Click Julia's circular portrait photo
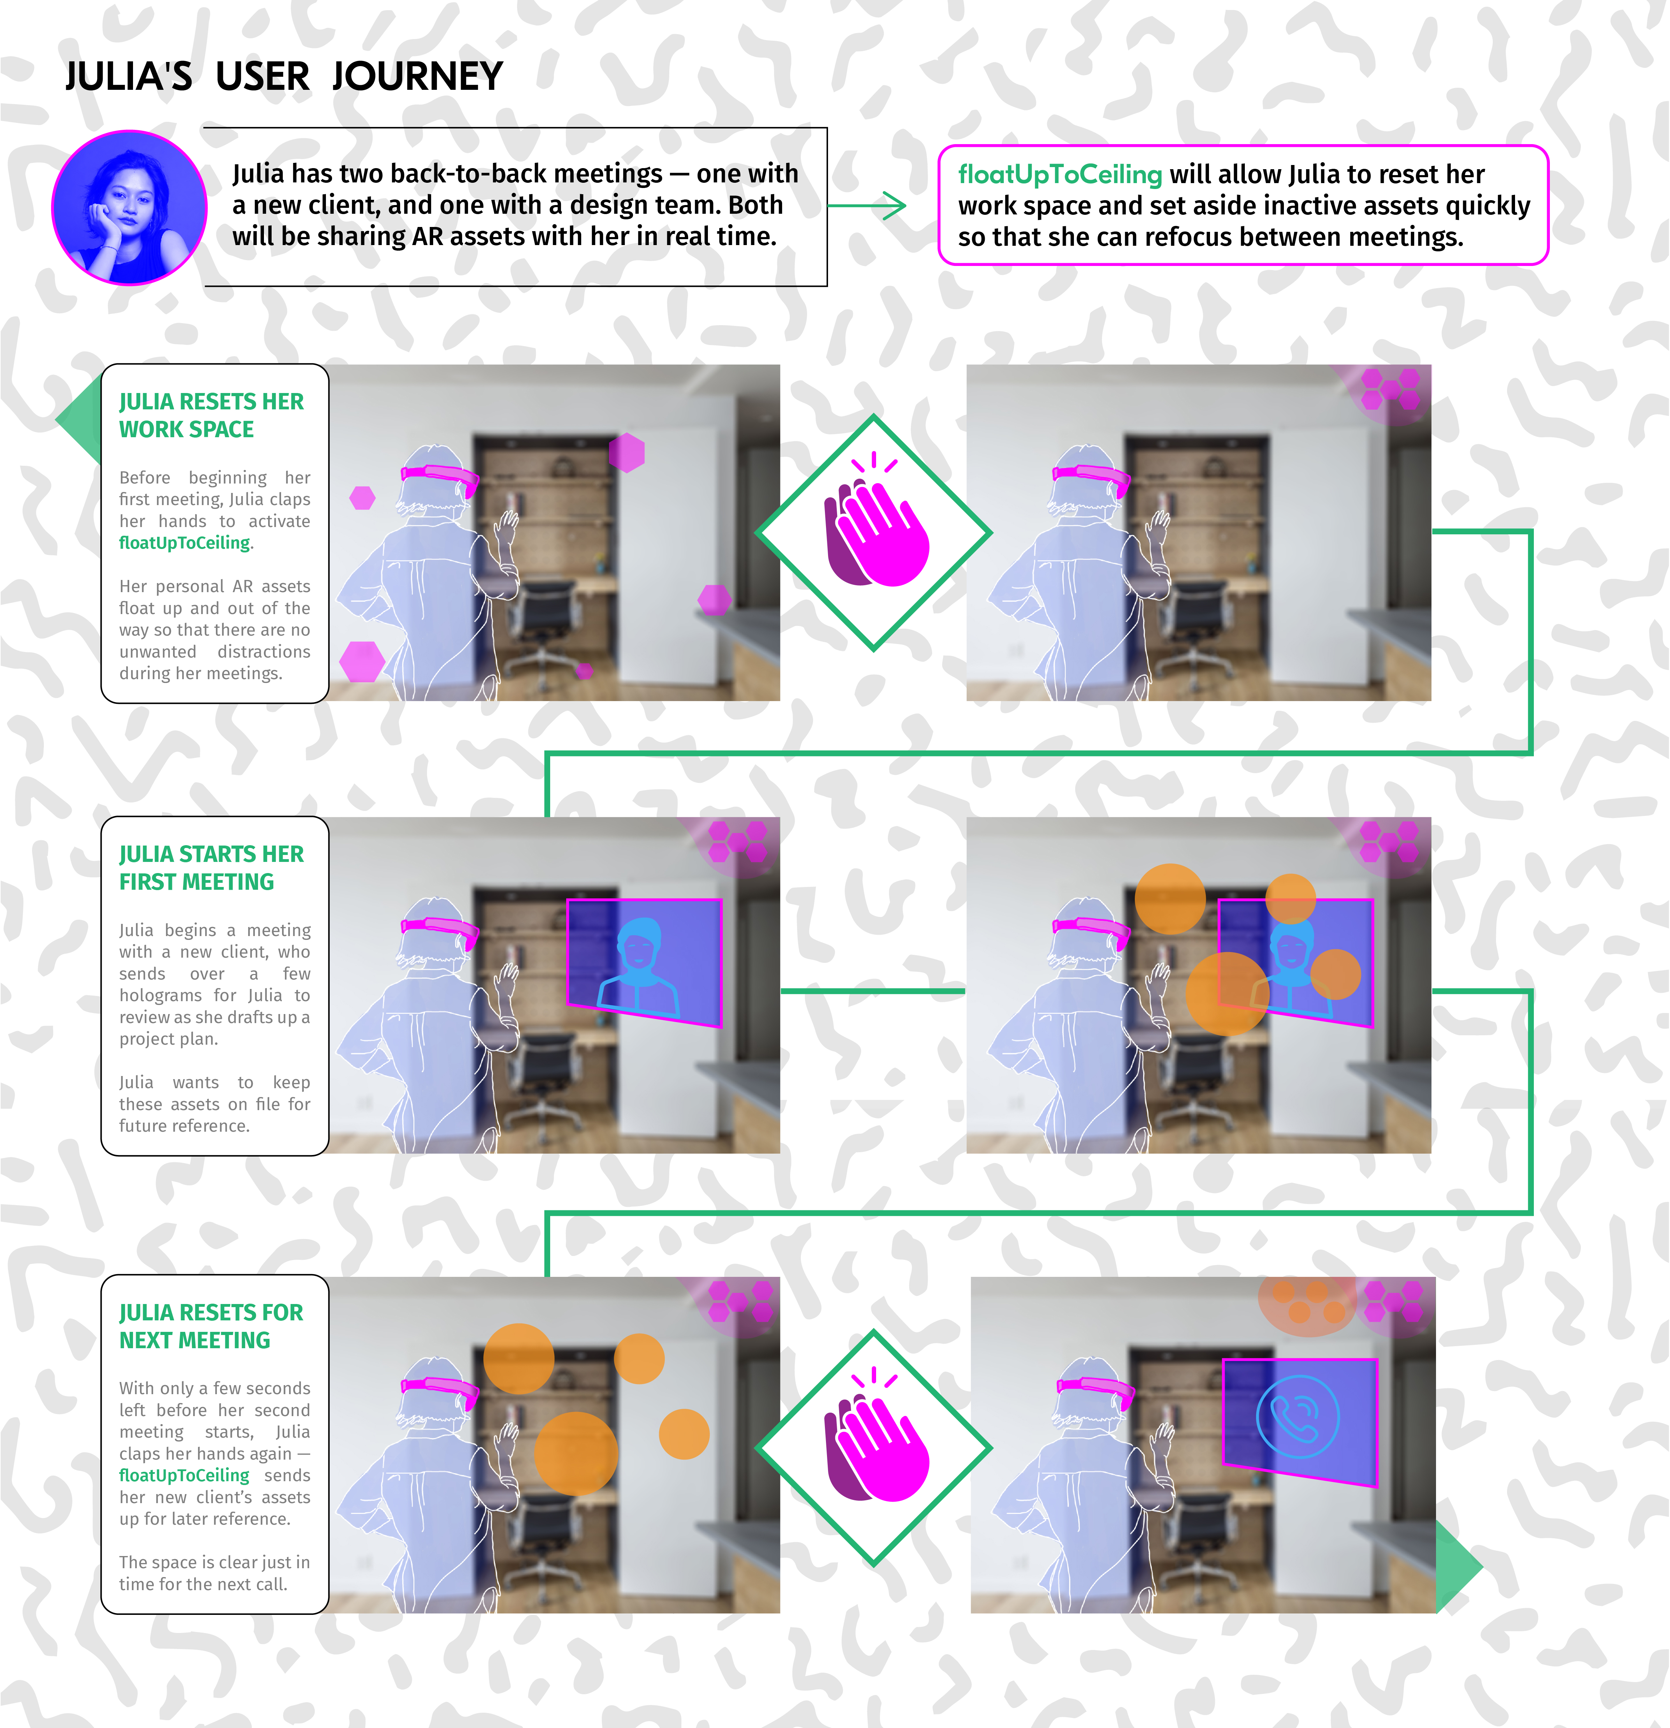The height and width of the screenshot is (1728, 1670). [x=130, y=207]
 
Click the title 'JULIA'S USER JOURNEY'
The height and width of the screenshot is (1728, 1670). [x=284, y=77]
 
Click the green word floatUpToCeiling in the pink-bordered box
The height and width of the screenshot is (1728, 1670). [x=1060, y=174]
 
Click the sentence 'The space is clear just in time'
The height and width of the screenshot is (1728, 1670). [x=214, y=1573]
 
